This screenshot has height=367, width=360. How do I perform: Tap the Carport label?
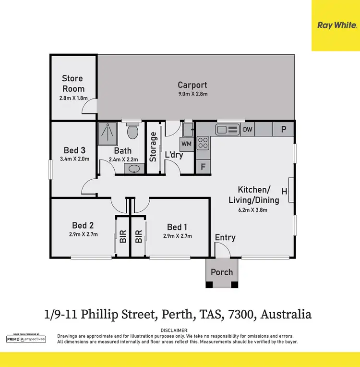(192, 86)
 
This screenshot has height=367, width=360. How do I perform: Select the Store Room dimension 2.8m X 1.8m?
(72, 98)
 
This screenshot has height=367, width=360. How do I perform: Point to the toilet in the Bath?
(133, 131)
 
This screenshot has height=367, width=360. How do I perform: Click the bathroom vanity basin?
(135, 169)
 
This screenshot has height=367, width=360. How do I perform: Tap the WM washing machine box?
(187, 144)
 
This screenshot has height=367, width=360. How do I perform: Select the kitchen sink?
(227, 129)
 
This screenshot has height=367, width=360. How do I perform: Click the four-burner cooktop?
(203, 143)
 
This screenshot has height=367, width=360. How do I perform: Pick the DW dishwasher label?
(248, 129)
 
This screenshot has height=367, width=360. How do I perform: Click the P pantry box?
(283, 129)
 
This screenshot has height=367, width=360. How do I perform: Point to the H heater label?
(284, 192)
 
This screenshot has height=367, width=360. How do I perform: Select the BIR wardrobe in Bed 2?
(123, 236)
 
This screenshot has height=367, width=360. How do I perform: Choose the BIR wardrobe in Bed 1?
(139, 236)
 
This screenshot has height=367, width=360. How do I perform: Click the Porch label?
(222, 272)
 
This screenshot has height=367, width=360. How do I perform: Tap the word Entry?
(225, 237)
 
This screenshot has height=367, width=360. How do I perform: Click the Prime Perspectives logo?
(26, 339)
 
